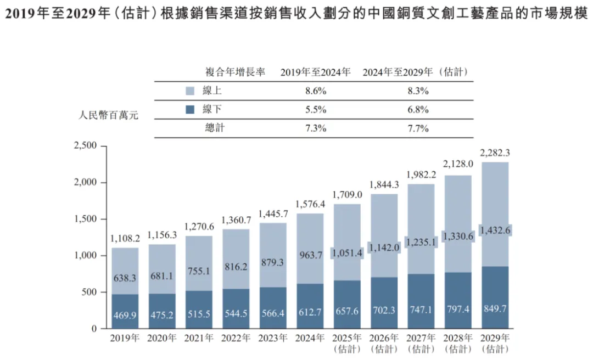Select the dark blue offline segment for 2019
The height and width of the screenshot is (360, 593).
[125, 311]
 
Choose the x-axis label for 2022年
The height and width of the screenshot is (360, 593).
[236, 338]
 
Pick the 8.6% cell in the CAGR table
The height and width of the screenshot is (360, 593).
[316, 91]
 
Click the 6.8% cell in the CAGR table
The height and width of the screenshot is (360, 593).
[418, 110]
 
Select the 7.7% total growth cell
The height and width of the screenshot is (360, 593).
[418, 128]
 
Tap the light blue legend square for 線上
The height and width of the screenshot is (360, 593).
[191, 91]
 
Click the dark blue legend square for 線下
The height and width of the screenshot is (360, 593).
[191, 110]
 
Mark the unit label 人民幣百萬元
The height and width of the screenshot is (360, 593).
[109, 116]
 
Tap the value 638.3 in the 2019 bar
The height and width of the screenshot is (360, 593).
[125, 278]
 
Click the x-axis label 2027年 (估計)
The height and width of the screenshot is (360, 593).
[421, 342]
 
